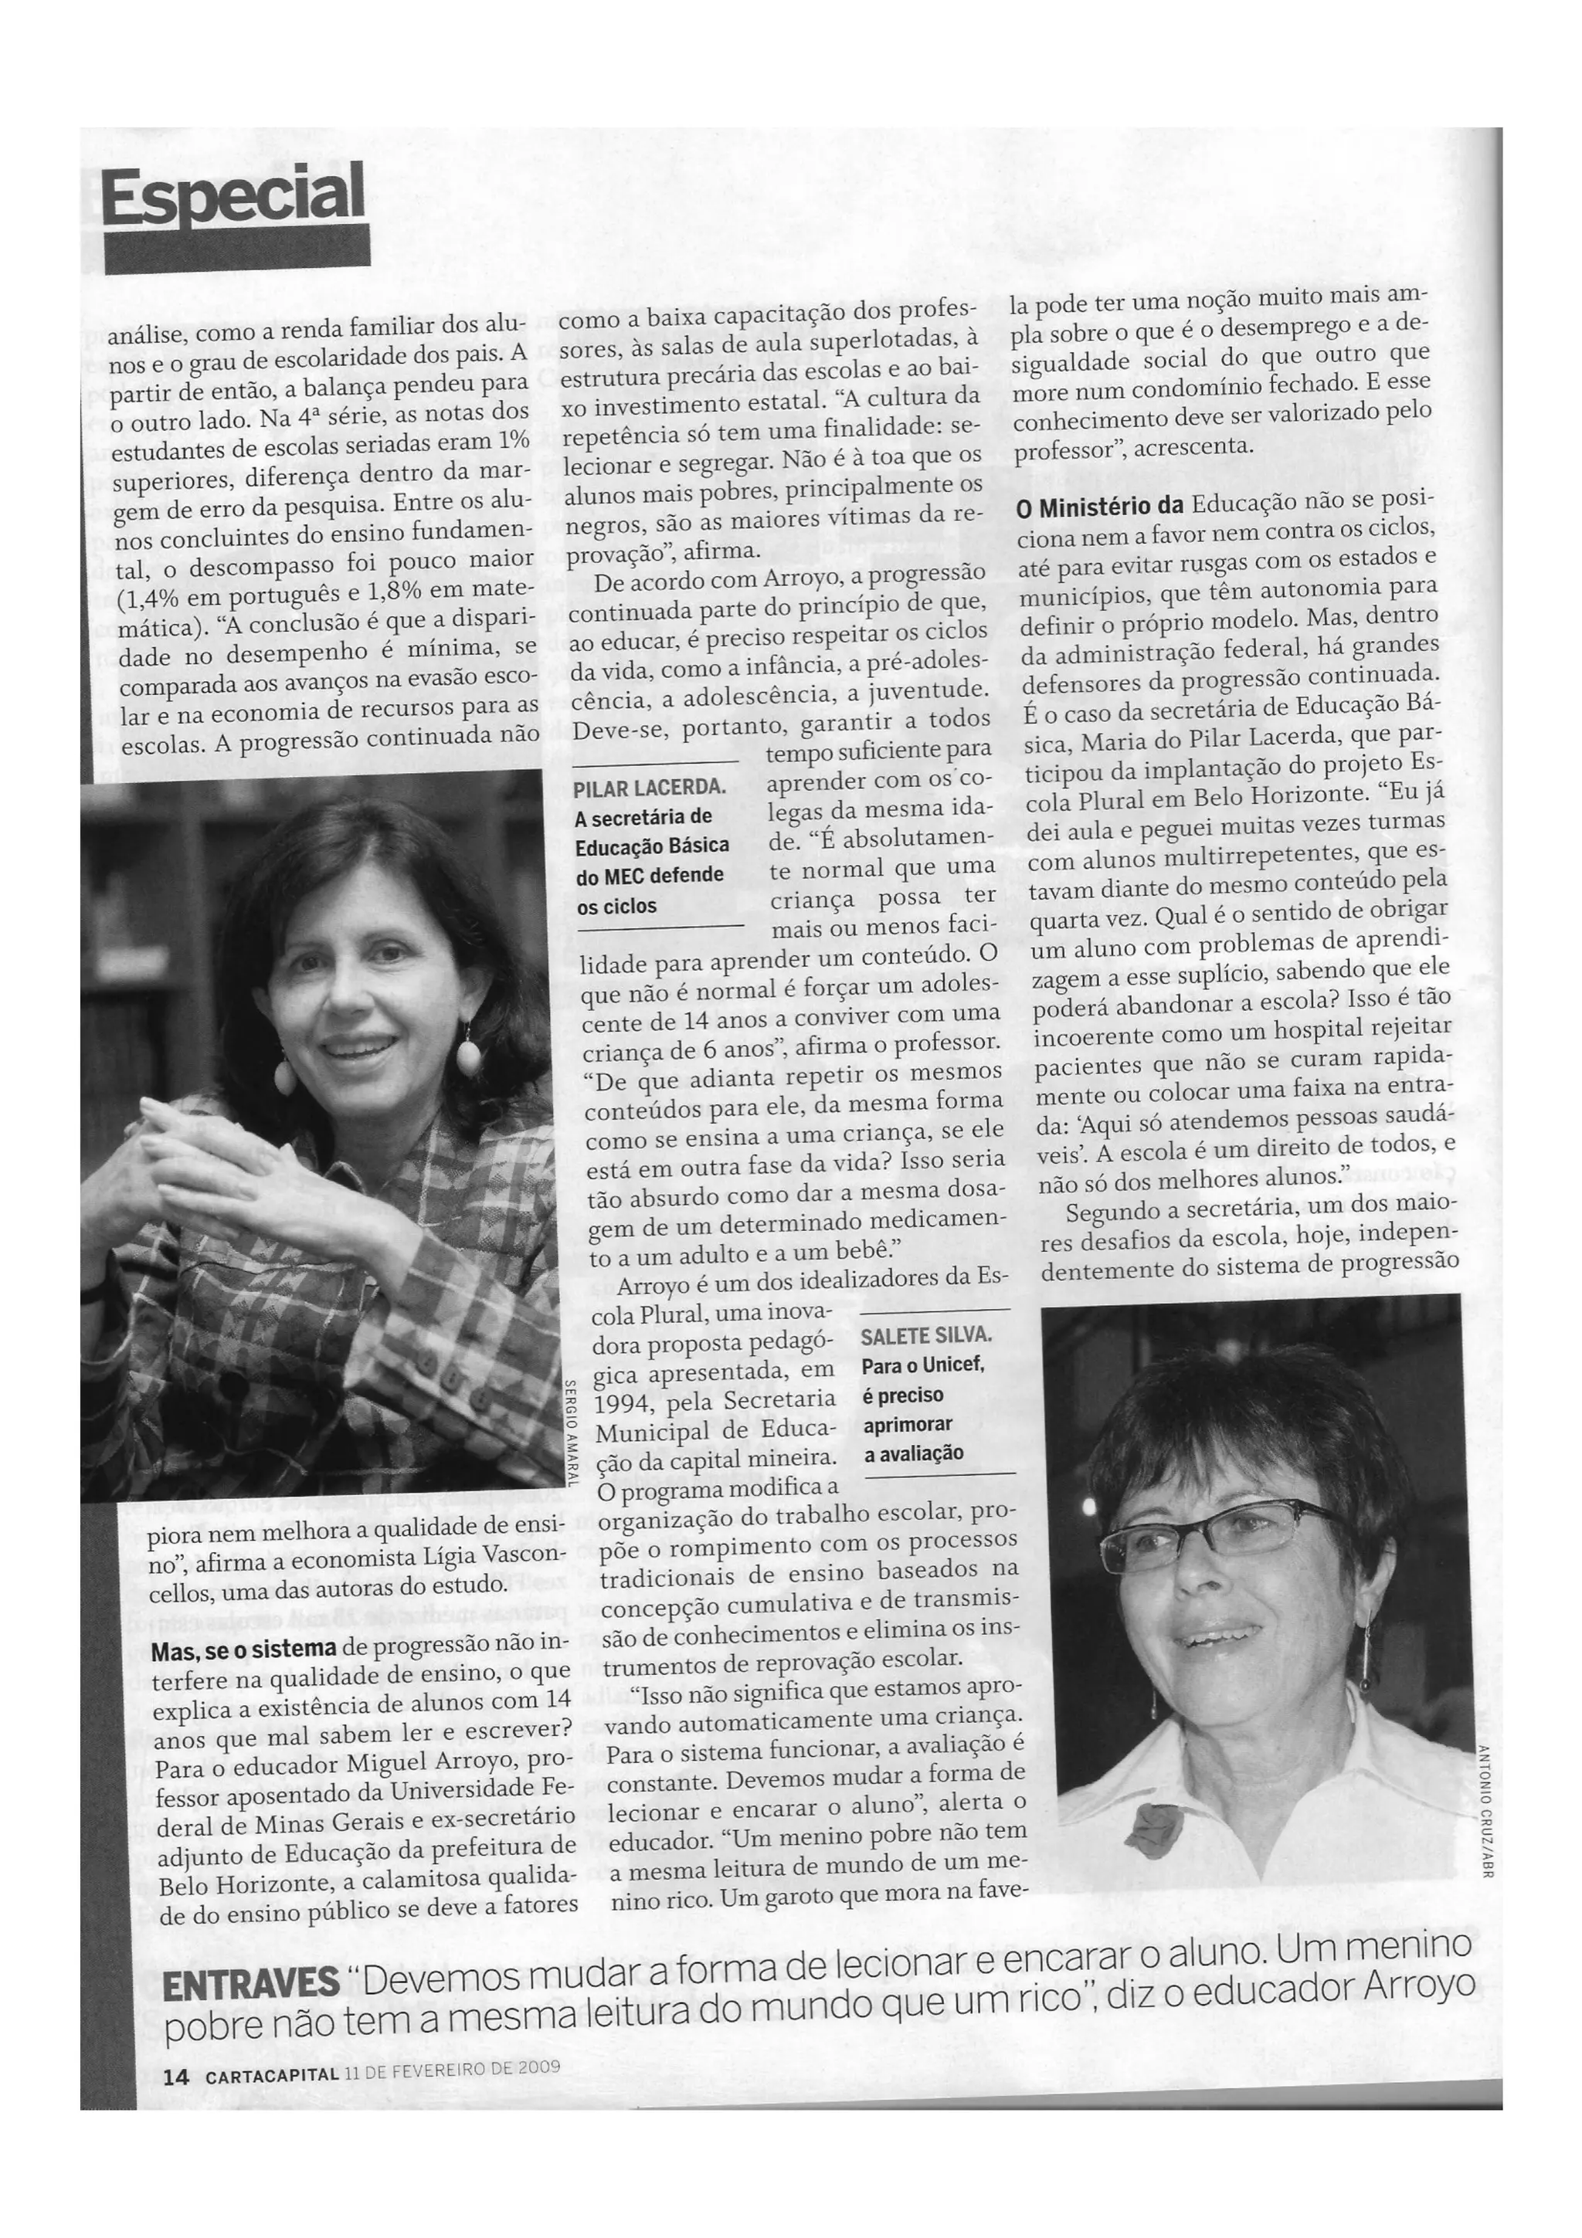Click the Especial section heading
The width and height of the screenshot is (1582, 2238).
(x=233, y=193)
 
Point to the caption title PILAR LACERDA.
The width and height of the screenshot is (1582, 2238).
(x=648, y=788)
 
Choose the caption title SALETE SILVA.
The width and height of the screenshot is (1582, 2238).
(x=925, y=1335)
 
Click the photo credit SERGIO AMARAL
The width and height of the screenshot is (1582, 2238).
(x=570, y=1433)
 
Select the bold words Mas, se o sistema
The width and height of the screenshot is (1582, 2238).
(x=243, y=1650)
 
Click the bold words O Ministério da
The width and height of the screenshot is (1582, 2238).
(x=1098, y=507)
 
